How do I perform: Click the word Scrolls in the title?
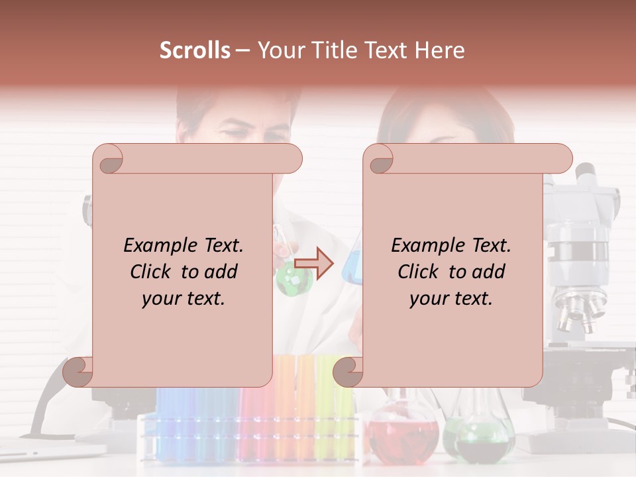(x=195, y=50)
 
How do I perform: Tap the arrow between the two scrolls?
(x=314, y=264)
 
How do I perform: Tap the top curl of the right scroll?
(x=381, y=160)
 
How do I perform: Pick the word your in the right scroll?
(x=427, y=298)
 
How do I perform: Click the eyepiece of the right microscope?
(x=586, y=175)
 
